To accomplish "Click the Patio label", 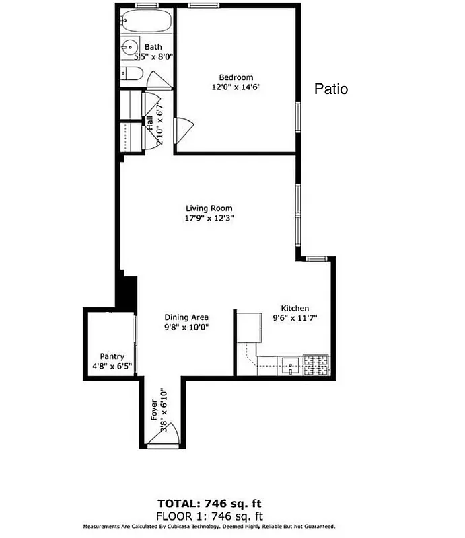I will point(332,89).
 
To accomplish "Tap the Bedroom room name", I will point(236,77).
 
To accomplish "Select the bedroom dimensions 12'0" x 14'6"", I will point(236,87).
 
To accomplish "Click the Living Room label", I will point(209,208).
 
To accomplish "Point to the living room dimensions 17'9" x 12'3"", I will point(209,218).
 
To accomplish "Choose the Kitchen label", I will point(295,308).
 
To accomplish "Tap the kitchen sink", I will point(291,366).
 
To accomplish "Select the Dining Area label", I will point(186,317).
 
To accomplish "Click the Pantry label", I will point(112,356).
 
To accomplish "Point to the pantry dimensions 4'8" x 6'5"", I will point(112,367).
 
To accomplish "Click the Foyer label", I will point(154,410).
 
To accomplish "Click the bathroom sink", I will point(129,48).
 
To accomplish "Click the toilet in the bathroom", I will point(132,74).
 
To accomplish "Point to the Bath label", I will point(153,47).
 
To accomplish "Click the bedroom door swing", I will point(183,130).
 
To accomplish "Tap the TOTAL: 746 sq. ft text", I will point(209,503).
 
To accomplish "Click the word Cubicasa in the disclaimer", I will point(194,527).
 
